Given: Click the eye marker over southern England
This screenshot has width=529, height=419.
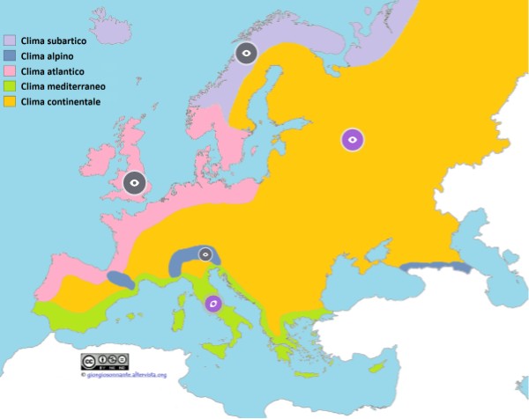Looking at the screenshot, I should (x=134, y=183).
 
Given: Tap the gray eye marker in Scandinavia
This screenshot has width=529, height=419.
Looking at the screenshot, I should (x=248, y=54).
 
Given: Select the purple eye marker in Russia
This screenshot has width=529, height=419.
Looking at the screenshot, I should (x=353, y=138).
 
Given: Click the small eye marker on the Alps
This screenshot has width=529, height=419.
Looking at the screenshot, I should (x=205, y=254).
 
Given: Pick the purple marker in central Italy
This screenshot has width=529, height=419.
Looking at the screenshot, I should (x=212, y=304).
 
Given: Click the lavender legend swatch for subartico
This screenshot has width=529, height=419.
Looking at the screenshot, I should (x=11, y=40).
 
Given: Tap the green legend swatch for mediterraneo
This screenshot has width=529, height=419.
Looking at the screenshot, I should (x=11, y=87).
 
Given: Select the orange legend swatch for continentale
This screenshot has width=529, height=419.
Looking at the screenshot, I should (x=11, y=102).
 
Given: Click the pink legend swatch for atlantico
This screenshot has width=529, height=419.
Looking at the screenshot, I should (x=11, y=71).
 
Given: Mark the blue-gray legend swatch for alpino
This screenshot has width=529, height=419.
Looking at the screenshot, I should (x=11, y=55).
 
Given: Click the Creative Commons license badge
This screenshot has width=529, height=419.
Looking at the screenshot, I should (x=105, y=362).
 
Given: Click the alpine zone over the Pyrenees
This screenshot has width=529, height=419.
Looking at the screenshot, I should (x=122, y=280).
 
